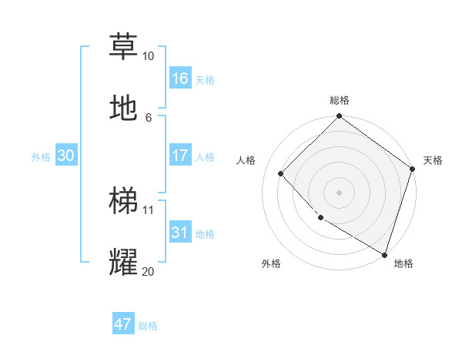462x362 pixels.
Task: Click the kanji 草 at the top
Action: pos(123,46)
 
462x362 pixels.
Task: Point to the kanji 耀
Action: pos(123,262)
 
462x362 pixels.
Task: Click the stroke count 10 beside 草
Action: pos(148,56)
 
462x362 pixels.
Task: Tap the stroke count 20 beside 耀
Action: pos(148,270)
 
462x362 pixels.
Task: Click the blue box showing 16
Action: pos(180,79)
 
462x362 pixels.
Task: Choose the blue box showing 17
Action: pos(180,156)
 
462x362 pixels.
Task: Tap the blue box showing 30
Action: pos(66,156)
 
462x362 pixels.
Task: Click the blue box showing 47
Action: pos(123,324)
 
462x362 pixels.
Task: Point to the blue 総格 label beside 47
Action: pos(149,326)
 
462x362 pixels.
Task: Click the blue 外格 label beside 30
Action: pos(41,157)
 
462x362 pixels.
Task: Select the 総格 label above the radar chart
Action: pos(340,100)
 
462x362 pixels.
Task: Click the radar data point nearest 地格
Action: pos(384,254)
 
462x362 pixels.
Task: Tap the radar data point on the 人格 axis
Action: pos(281,173)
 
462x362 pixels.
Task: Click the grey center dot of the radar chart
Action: pos(340,193)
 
